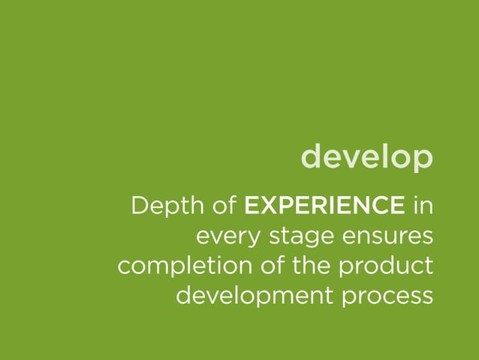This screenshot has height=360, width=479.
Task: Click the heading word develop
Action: [366, 158]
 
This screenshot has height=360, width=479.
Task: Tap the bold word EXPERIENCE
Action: [326, 204]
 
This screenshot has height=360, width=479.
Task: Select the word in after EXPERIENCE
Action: [423, 204]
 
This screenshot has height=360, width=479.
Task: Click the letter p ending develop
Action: [423, 160]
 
